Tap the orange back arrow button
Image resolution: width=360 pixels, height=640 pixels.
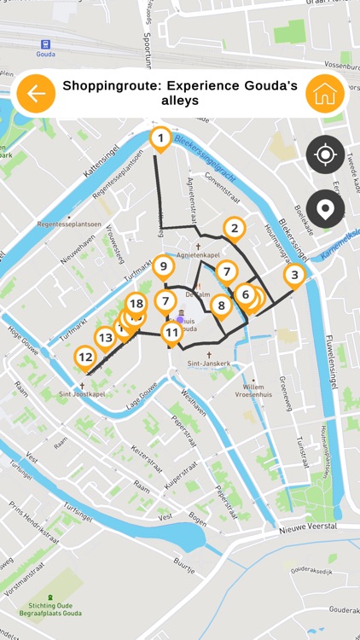[35, 94]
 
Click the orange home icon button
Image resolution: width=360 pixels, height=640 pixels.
[325, 94]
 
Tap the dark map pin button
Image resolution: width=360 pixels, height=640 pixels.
[325, 208]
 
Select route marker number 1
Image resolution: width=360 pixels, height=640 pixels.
[160, 137]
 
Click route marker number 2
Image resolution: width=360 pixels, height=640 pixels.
[234, 228]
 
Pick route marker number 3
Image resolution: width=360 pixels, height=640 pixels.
[294, 275]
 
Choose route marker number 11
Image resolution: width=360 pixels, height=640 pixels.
[172, 332]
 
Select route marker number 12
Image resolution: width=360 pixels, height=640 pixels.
[84, 357]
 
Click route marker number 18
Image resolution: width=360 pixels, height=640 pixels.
[136, 303]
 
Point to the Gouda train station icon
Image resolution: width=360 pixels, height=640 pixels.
[45, 44]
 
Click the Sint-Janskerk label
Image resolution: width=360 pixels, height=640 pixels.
[209, 363]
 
